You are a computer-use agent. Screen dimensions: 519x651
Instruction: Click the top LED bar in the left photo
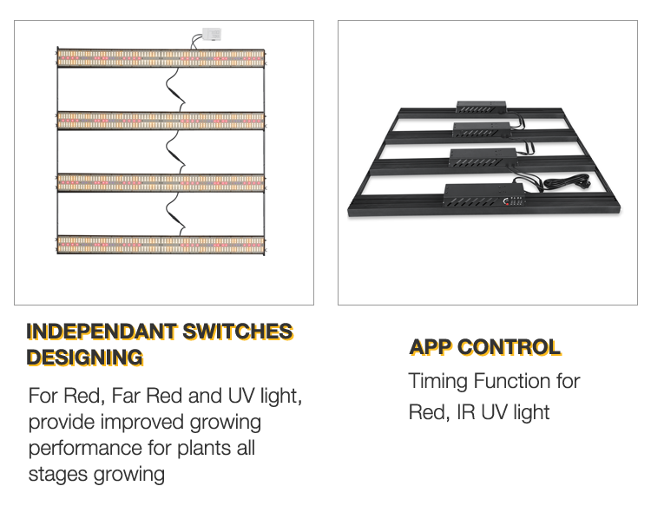(161, 58)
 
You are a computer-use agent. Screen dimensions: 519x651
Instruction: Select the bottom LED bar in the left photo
(161, 245)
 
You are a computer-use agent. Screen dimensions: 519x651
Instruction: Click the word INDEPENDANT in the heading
(102, 332)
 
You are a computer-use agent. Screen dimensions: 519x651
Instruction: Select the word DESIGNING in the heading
(84, 357)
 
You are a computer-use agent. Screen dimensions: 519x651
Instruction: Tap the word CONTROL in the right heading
(510, 347)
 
